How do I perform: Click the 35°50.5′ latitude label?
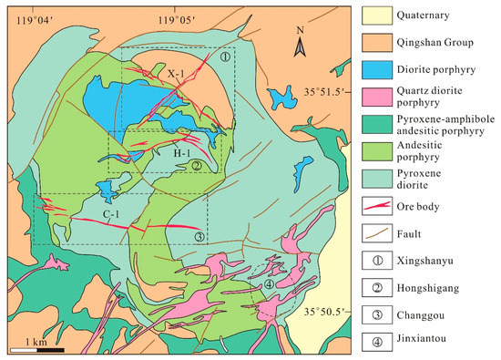(325, 312)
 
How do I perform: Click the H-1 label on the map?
(181, 154)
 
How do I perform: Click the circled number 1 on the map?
(225, 57)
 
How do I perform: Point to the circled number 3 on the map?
(199, 236)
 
